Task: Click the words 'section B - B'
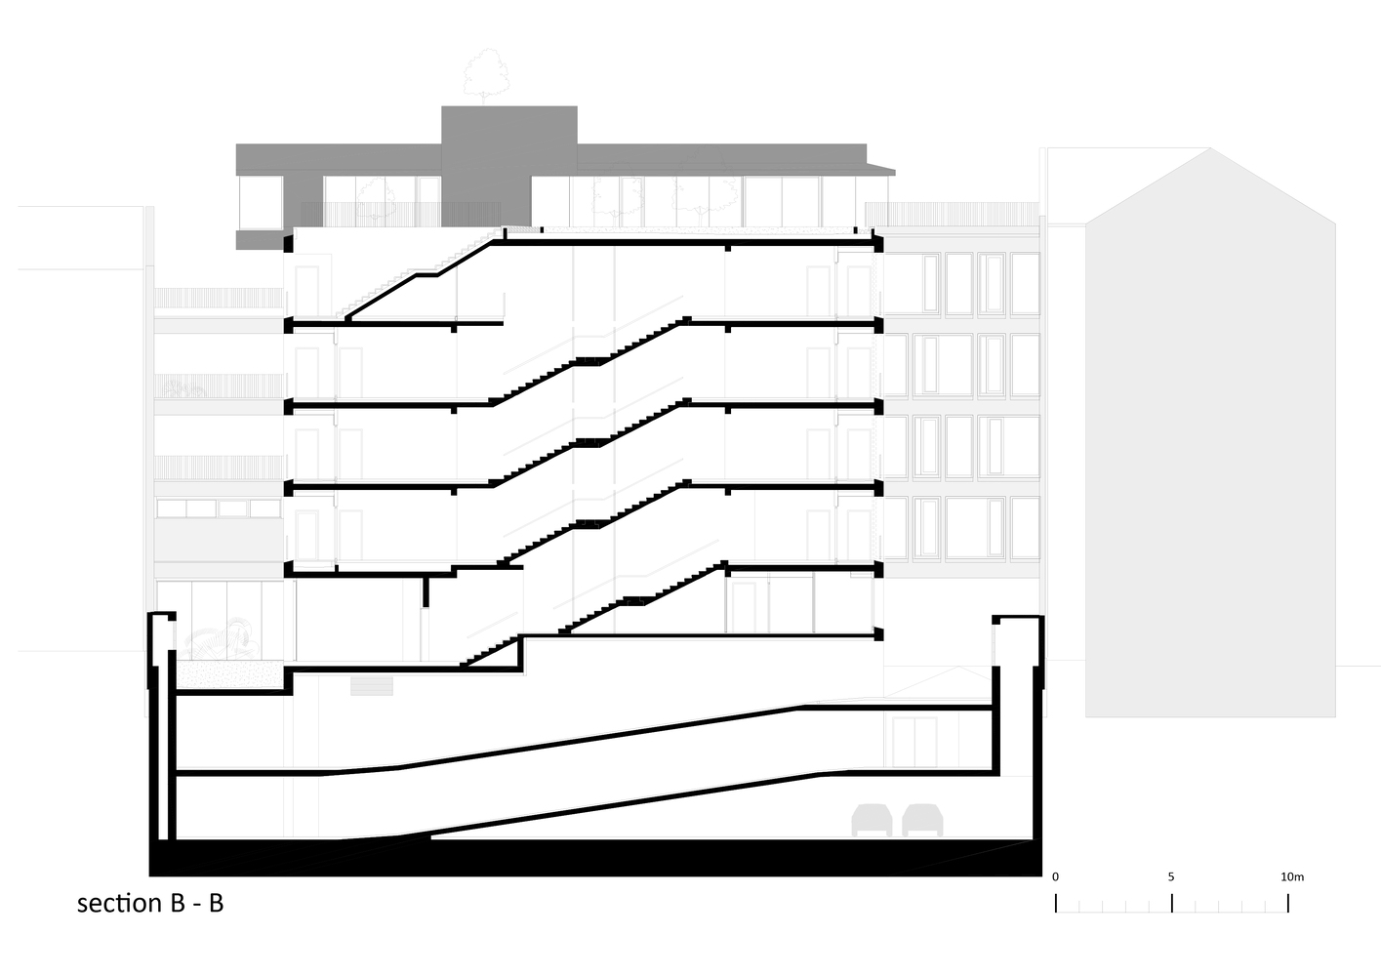coord(150,903)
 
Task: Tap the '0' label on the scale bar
coord(1055,876)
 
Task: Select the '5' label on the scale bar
coord(1171,876)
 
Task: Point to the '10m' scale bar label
coord(1292,876)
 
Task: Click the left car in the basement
coord(872,820)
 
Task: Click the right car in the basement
coord(922,820)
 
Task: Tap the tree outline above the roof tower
coord(486,76)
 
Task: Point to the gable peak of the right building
coord(1209,148)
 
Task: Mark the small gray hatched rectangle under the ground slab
coord(372,686)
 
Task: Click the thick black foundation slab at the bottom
coord(595,858)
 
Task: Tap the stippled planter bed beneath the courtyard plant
coord(230,675)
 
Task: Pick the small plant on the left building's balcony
coord(183,388)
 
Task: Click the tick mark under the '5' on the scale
coord(1171,903)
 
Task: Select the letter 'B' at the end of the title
coord(216,903)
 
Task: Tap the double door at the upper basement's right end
coord(915,742)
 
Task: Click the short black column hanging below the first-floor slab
coord(426,590)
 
